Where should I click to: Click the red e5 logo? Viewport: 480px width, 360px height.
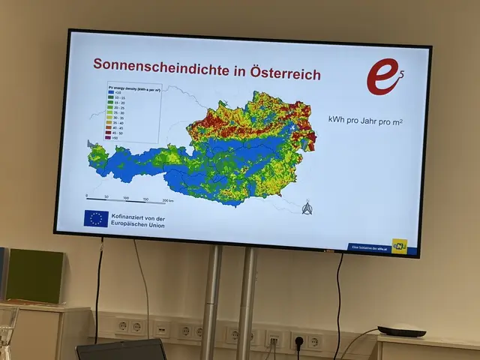click(385, 77)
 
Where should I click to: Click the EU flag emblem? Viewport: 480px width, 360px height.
click(95, 219)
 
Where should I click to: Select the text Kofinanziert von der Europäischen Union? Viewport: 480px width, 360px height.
click(138, 220)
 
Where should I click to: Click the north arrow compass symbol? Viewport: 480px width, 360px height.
click(306, 207)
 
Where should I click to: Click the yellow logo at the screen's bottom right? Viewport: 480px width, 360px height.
click(399, 245)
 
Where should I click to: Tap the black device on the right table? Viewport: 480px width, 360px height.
click(401, 331)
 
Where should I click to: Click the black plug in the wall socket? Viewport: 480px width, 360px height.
click(298, 342)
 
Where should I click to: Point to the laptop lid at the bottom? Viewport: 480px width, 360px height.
click(121, 349)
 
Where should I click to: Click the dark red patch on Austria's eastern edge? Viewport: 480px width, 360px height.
click(307, 139)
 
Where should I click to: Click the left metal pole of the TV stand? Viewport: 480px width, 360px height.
click(212, 300)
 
